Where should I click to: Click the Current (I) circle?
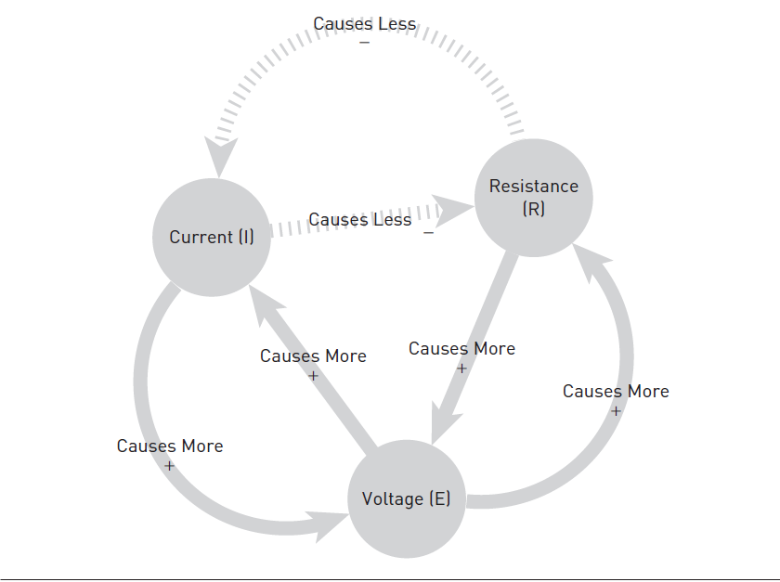tap(212, 238)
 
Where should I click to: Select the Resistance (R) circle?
tap(534, 198)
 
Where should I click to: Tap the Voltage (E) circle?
tap(406, 498)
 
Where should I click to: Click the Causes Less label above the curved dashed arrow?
tap(365, 23)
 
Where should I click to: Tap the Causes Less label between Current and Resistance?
tap(360, 220)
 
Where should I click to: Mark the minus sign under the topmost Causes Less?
tap(364, 43)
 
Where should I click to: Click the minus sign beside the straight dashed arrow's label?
tap(428, 232)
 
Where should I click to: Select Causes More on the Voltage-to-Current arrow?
tap(313, 356)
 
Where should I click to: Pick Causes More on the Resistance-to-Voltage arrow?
tap(461, 349)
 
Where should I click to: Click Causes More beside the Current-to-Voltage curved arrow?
tap(170, 446)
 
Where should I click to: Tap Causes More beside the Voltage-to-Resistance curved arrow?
tap(616, 392)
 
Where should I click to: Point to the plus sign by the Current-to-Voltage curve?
tap(169, 466)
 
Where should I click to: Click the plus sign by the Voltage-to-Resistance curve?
tap(615, 410)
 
